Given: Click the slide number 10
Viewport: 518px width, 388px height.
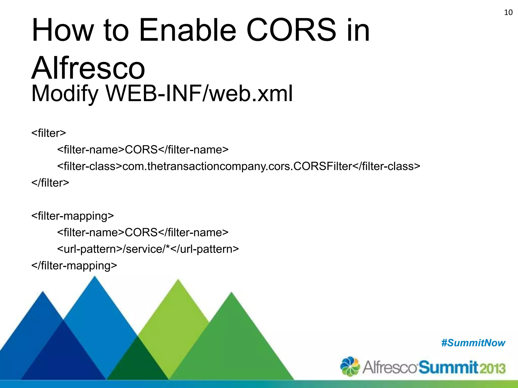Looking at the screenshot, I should click(508, 12).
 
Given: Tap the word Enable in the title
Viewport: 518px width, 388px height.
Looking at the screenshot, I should click(187, 30).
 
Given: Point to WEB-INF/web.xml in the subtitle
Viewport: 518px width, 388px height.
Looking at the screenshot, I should click(199, 93).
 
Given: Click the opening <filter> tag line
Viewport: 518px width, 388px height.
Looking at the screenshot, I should click(49, 133).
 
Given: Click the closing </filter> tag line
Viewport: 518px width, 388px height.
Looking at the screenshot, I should click(50, 183).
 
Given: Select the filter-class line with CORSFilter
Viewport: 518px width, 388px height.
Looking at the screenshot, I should click(239, 166).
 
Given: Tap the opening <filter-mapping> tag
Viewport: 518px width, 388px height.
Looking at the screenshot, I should click(73, 216).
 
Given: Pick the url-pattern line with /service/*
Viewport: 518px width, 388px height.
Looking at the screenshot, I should click(148, 249).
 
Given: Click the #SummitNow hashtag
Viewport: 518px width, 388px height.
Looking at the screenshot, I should click(473, 343).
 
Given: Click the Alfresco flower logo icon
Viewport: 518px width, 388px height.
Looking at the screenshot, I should click(350, 366).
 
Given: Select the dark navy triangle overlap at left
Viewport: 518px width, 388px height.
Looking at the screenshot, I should click(63, 356).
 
